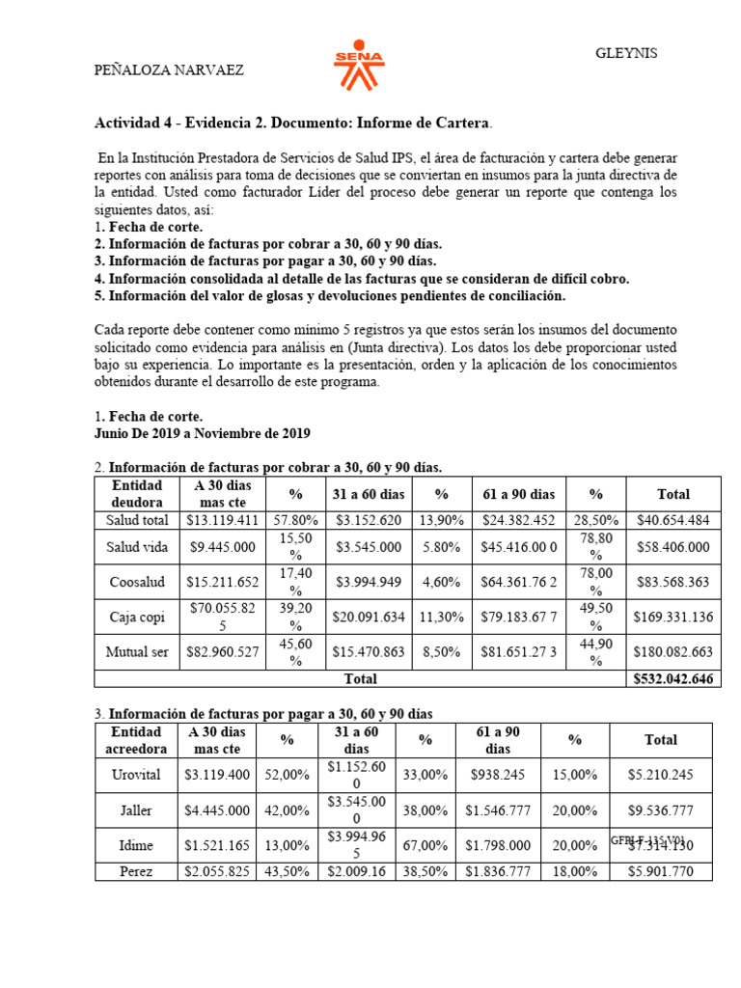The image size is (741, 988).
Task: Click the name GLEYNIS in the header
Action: tap(626, 53)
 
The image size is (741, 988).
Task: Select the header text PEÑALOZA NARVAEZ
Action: tap(168, 69)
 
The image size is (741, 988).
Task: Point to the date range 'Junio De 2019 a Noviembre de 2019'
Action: tap(202, 433)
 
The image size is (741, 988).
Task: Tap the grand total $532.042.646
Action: tap(673, 679)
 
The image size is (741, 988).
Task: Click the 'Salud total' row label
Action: tap(137, 520)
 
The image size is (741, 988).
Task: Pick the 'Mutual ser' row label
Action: tap(137, 651)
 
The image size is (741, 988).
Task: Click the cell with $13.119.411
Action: tap(221, 520)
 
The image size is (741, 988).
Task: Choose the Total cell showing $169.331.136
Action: tap(673, 617)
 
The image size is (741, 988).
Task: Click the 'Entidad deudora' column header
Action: tap(137, 493)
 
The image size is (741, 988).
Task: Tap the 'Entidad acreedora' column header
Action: tap(135, 740)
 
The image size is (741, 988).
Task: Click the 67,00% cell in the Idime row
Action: tap(425, 846)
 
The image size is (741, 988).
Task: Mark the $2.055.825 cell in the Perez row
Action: tap(218, 872)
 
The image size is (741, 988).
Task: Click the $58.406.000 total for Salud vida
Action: tap(673, 547)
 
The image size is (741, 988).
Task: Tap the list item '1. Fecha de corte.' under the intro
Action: tap(148, 227)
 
